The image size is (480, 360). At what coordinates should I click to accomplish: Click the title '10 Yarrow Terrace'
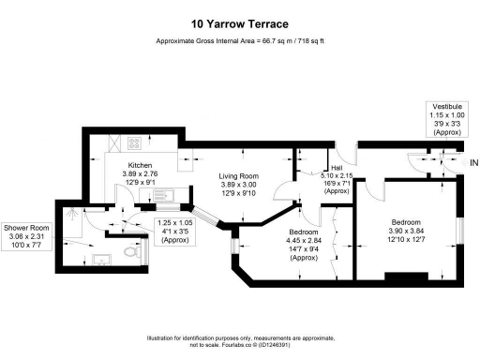click(239, 23)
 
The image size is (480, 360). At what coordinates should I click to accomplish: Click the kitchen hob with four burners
click(134, 144)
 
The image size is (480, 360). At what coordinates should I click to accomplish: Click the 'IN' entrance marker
click(473, 161)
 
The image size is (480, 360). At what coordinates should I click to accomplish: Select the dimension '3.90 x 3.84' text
click(407, 232)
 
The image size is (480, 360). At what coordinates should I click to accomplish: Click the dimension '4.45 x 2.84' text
click(302, 239)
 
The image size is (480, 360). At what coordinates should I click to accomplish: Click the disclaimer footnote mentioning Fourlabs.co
click(239, 340)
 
